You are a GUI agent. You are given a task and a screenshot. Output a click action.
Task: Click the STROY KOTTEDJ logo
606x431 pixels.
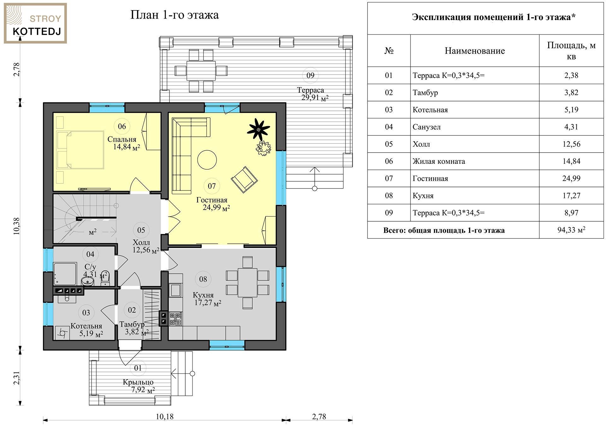click(35, 23)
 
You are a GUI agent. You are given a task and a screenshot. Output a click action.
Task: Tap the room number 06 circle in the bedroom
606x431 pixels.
click(122, 126)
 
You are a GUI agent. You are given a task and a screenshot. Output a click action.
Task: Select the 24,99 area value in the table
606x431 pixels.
click(571, 178)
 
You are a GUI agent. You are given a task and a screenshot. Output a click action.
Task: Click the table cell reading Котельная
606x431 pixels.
click(430, 110)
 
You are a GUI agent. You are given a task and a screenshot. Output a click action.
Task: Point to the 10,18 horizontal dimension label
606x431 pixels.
click(164, 416)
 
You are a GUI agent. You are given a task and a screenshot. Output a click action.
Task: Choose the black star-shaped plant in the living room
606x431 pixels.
click(258, 129)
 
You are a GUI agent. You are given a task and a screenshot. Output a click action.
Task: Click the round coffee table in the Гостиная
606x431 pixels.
click(207, 160)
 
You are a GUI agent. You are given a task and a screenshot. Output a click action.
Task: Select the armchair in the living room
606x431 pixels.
click(244, 179)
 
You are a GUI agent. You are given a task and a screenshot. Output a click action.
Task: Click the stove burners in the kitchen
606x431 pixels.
click(176, 319)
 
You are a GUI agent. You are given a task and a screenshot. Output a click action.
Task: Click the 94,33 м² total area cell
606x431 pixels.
click(571, 230)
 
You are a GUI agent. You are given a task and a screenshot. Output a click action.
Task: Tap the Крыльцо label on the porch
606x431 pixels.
click(138, 382)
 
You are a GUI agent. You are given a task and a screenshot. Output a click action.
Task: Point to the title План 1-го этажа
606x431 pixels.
click(175, 15)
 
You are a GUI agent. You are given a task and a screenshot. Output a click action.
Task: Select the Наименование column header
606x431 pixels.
click(475, 51)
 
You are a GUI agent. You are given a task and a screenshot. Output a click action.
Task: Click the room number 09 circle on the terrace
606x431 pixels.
click(310, 75)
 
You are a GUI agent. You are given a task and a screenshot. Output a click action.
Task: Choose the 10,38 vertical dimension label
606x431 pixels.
click(16, 226)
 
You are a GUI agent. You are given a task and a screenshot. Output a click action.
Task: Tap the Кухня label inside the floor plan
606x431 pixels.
click(203, 295)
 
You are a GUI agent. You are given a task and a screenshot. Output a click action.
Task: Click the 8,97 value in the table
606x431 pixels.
click(571, 213)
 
